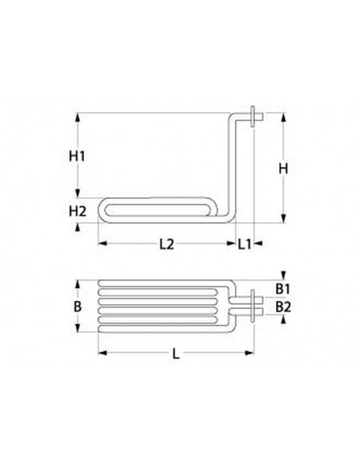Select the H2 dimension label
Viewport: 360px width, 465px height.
[x=77, y=211]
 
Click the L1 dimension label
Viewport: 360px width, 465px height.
[x=245, y=244]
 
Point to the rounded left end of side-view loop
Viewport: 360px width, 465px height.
[x=100, y=210]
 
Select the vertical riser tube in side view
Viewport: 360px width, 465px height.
[x=233, y=167]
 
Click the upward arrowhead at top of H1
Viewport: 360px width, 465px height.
[x=77, y=118]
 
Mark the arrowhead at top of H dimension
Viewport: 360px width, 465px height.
[x=282, y=118]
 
